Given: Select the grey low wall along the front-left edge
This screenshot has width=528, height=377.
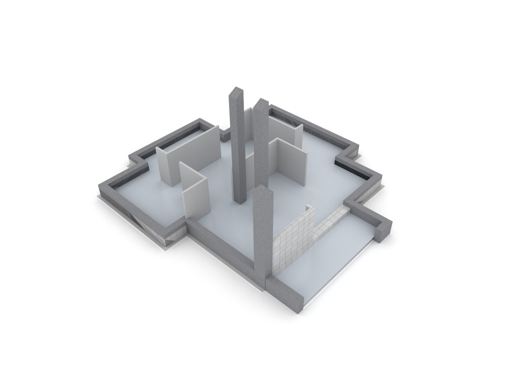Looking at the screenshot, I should click(x=223, y=244).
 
